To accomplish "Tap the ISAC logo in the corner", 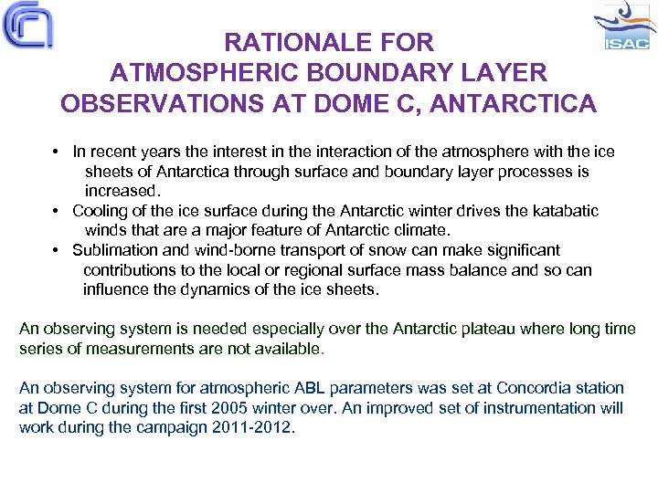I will pyautogui.click(x=625, y=27).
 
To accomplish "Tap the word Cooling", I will pyautogui.click(x=101, y=211).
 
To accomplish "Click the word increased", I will pyautogui.click(x=122, y=191).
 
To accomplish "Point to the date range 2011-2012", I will pyautogui.click(x=254, y=427).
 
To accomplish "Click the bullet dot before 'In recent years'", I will pyautogui.click(x=56, y=152).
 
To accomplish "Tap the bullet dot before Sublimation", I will pyautogui.click(x=56, y=250).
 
